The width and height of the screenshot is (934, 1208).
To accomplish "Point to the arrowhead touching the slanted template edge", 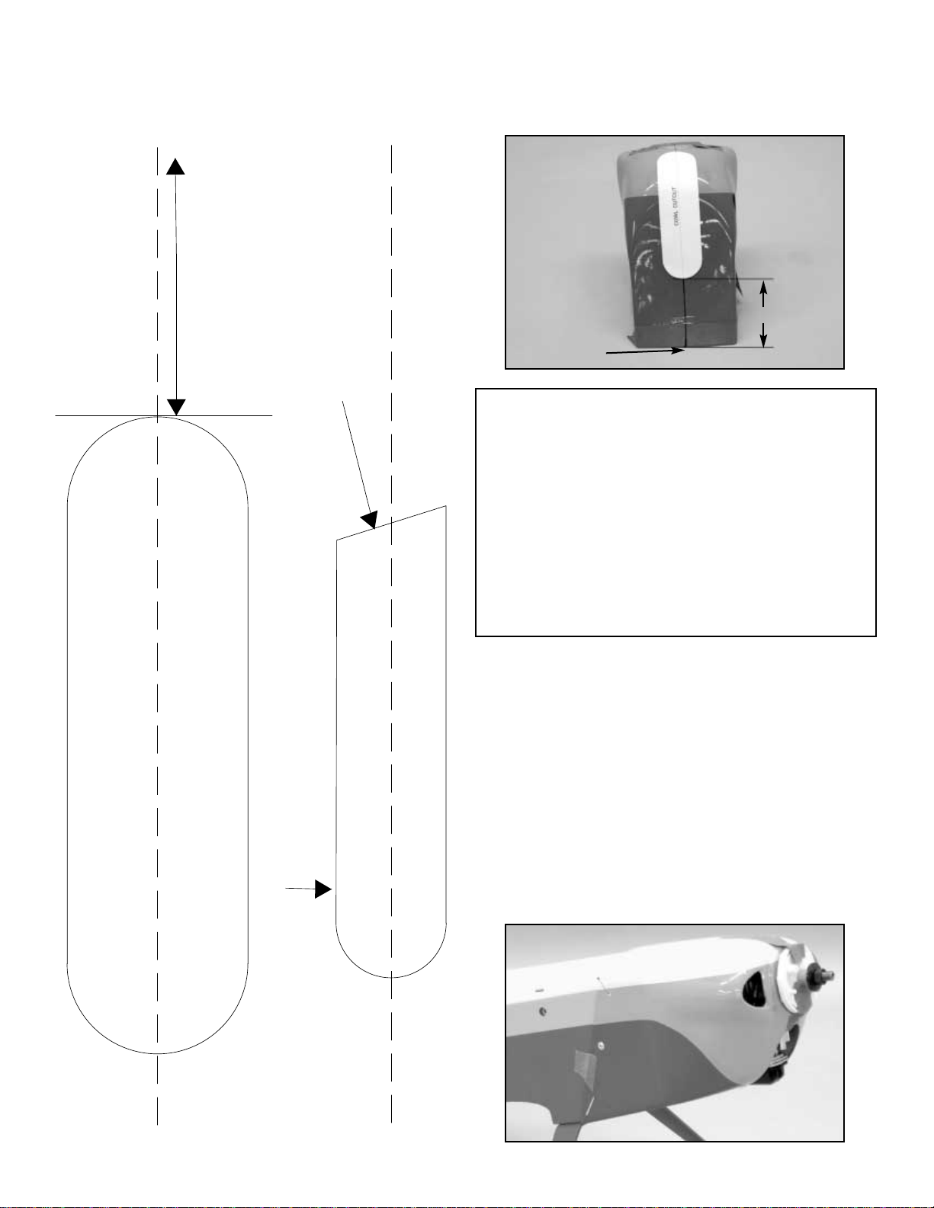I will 370,521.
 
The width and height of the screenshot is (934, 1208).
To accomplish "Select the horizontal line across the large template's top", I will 164,416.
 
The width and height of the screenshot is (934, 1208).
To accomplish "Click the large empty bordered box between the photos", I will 676,512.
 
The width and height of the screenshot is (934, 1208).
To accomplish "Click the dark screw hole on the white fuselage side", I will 542,1011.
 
